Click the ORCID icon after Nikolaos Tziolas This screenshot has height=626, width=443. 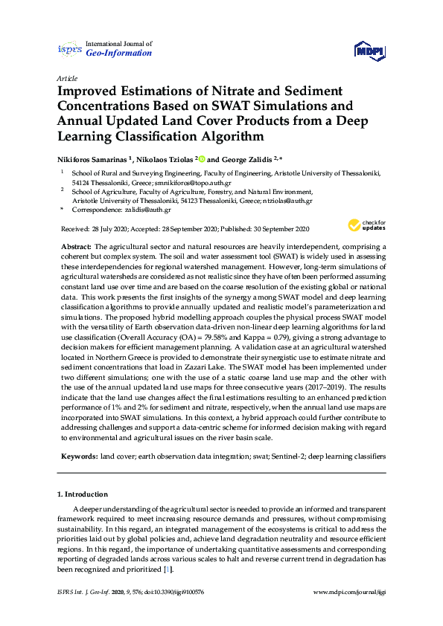[200, 158]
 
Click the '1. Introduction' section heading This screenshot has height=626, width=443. [83, 494]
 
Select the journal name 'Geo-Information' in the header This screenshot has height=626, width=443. [119, 53]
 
